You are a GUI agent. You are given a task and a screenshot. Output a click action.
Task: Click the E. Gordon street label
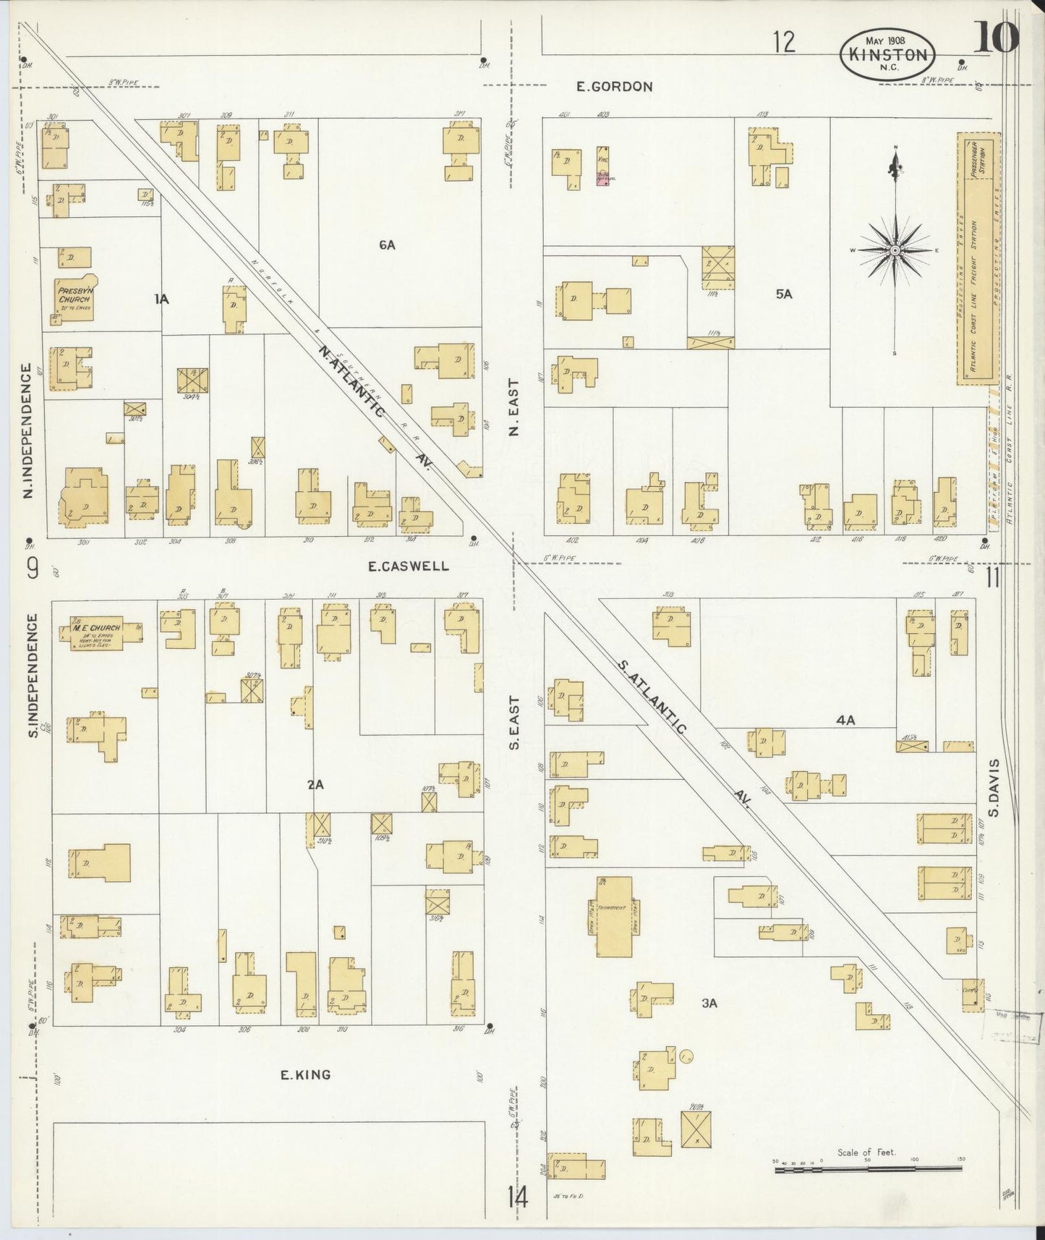(x=614, y=87)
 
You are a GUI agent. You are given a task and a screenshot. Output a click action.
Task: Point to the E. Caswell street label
(x=398, y=566)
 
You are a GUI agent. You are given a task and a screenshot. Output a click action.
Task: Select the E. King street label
(x=305, y=1075)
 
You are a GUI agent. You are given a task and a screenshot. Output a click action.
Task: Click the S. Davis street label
(x=995, y=787)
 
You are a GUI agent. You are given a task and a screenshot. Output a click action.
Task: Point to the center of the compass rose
(x=895, y=250)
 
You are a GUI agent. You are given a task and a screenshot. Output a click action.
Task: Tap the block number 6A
(x=387, y=245)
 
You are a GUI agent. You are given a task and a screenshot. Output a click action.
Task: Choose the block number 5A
(x=784, y=294)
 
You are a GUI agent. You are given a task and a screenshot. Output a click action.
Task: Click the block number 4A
(x=845, y=721)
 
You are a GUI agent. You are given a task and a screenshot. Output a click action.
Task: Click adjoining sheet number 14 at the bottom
(x=517, y=1198)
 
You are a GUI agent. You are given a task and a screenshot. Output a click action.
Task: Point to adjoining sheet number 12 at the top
(x=782, y=42)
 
